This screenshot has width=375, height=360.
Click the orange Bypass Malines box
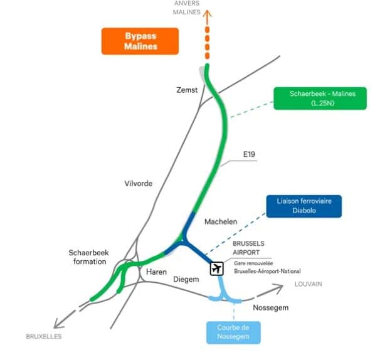[x=140, y=41]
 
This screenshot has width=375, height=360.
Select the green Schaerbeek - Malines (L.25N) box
[x=320, y=98]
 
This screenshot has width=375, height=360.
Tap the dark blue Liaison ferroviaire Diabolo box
[x=304, y=206]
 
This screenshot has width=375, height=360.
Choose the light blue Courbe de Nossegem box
[x=233, y=332]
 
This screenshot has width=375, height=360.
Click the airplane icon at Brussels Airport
[x=217, y=268]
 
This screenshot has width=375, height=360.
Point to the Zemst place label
[x=187, y=90]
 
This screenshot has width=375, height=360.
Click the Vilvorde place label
[x=138, y=184]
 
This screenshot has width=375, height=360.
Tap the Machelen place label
[x=221, y=222]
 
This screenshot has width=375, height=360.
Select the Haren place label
[x=156, y=272]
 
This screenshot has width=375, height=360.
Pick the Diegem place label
[x=186, y=279]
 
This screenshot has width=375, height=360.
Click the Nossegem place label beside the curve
[x=271, y=307]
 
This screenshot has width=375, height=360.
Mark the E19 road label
[x=249, y=154]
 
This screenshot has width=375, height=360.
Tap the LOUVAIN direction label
[x=309, y=284]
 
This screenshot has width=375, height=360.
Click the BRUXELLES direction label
[x=44, y=337]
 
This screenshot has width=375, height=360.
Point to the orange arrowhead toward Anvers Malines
[x=208, y=14]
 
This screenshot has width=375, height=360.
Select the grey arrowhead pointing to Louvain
[x=278, y=287]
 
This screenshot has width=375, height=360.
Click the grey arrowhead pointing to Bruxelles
[x=58, y=324]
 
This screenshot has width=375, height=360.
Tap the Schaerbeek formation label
[x=88, y=257]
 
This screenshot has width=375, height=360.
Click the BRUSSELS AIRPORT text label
[x=248, y=248]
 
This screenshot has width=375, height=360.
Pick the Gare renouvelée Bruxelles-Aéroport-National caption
[x=267, y=267]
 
